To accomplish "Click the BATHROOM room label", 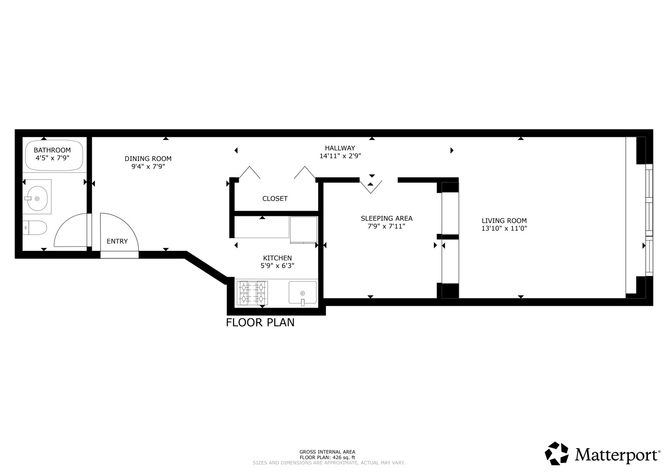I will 52,150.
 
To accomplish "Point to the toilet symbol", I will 35,228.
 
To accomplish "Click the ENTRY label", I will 117,241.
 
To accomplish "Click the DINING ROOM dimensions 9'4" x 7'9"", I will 148,166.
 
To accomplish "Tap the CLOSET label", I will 275,199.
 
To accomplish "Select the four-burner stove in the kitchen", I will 252,293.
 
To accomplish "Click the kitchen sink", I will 303,293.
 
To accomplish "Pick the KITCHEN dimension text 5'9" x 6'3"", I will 277,265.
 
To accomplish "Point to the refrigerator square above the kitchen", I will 304,229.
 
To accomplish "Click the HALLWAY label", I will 340,148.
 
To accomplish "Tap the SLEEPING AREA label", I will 386,218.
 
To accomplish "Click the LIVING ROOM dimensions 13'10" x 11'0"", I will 504,228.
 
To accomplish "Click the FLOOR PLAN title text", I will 260,323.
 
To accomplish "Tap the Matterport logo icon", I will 557,453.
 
